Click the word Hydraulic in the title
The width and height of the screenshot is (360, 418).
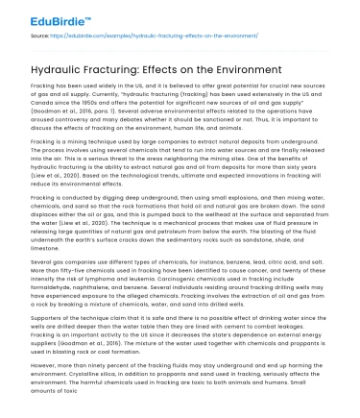click(38, 70)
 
